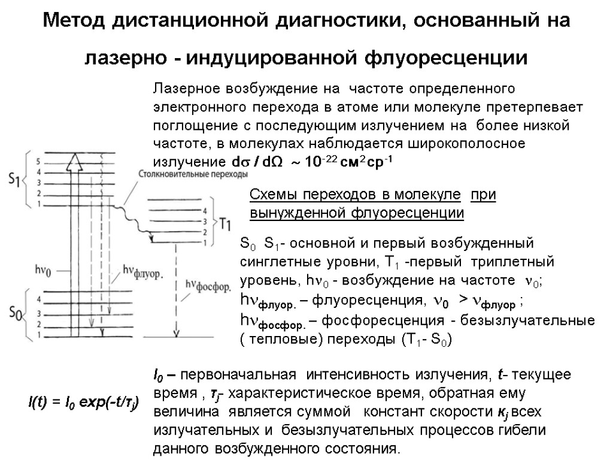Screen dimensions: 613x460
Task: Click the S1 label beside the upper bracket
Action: point(14,178)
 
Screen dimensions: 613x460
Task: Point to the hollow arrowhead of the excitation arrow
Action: point(75,161)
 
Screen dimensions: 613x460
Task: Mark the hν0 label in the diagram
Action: point(44,271)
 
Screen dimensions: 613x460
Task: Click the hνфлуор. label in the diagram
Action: point(143,271)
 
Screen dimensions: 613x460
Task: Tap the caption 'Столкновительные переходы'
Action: point(192,174)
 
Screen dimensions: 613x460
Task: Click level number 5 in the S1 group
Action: point(38,162)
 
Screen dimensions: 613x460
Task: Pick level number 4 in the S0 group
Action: point(38,303)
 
